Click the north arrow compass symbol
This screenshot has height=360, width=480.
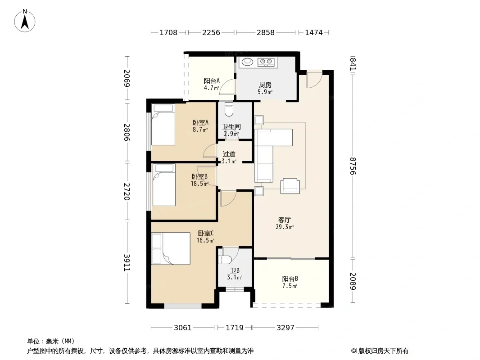[25, 21]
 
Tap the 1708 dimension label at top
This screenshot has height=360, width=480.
[168, 32]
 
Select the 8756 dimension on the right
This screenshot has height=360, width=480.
[353, 166]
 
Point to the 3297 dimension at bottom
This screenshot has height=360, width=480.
[285, 328]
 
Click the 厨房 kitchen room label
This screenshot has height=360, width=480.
[265, 85]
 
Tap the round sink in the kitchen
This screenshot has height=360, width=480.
[248, 62]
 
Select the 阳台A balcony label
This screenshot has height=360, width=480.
[212, 81]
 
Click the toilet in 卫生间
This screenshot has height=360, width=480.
[229, 109]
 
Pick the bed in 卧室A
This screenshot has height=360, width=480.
[164, 125]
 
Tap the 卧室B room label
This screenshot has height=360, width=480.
[199, 176]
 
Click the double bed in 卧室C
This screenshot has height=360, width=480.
[171, 248]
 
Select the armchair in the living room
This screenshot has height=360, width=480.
[290, 186]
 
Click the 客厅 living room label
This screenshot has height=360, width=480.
[285, 220]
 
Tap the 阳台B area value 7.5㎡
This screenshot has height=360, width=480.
[290, 286]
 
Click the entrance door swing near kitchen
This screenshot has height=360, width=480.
[314, 80]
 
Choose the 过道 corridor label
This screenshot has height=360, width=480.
[229, 154]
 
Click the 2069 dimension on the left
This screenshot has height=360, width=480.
[127, 78]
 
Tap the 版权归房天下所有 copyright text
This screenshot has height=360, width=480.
[383, 351]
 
